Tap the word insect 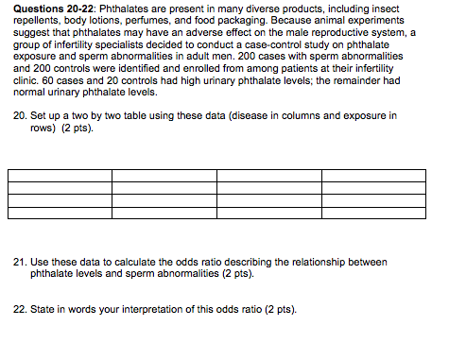[x=411, y=9]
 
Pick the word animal [x=348, y=21]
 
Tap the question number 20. [x=25, y=116]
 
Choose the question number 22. [x=25, y=308]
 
